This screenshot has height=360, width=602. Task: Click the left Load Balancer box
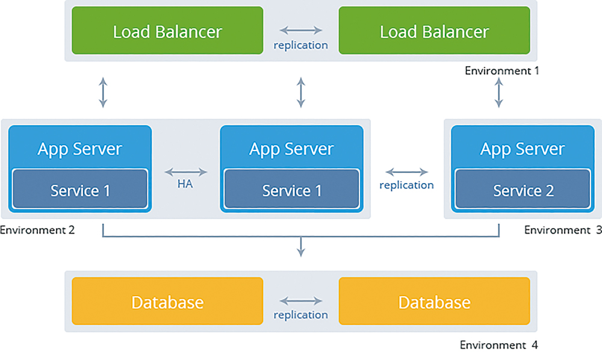tap(167, 30)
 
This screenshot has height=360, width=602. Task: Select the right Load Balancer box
tap(434, 30)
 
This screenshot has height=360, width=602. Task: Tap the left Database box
tap(167, 301)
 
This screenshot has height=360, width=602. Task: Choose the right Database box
tap(434, 301)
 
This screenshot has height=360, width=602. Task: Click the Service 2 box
tap(523, 189)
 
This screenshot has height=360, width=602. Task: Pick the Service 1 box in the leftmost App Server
tap(80, 189)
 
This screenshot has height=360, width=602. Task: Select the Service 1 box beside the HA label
tap(292, 189)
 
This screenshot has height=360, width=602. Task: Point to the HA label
tap(185, 184)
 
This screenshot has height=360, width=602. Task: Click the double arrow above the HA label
tap(186, 172)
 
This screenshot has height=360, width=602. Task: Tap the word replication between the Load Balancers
tap(300, 45)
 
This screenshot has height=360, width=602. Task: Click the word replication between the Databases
tap(300, 315)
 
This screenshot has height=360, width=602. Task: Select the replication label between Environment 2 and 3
tap(406, 185)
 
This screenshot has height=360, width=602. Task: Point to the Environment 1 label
tap(502, 70)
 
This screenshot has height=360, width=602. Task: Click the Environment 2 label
tap(37, 230)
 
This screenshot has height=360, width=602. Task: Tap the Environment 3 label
tap(563, 230)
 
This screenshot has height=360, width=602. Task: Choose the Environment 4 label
tap(498, 345)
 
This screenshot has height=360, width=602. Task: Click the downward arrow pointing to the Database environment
tap(301, 247)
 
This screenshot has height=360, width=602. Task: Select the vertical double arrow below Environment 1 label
tap(498, 93)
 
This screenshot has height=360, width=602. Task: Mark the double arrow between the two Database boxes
tap(300, 300)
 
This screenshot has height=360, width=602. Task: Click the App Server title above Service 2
tap(523, 149)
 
